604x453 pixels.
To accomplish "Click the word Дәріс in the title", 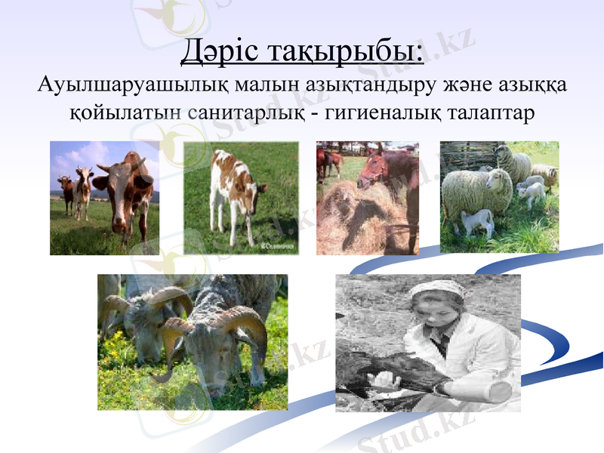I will pyautogui.click(x=222, y=53).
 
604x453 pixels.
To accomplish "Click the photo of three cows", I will pyautogui.click(x=105, y=198).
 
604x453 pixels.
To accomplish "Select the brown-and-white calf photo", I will pyautogui.click(x=241, y=198).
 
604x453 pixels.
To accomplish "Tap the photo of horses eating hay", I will pyautogui.click(x=368, y=198).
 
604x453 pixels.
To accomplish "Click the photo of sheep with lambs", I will pyautogui.click(x=500, y=198).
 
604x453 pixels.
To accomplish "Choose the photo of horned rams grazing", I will pyautogui.click(x=193, y=342).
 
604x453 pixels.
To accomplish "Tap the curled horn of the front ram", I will pyautogui.click(x=177, y=332).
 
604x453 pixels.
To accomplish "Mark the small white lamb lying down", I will pyautogui.click(x=477, y=223).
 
